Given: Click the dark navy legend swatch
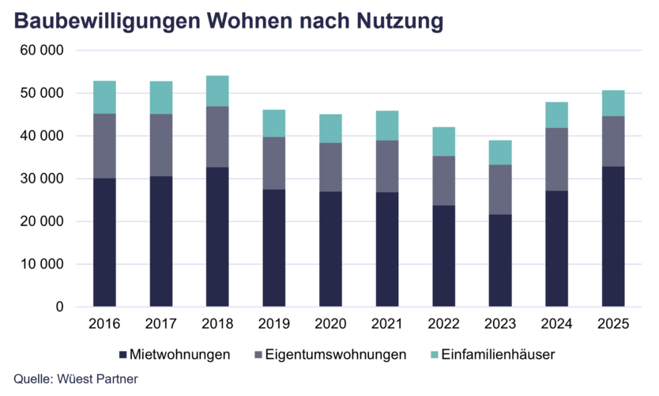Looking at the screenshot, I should click(x=122, y=354).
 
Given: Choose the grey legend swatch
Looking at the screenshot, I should click(x=258, y=354).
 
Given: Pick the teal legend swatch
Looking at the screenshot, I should click(x=434, y=354).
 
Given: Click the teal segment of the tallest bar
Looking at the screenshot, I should click(x=217, y=91).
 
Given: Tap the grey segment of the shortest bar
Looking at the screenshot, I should click(x=500, y=190).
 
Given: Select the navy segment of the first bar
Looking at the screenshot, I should click(x=104, y=242).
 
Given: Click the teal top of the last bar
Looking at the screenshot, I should click(x=613, y=103).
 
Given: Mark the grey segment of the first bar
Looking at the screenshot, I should click(x=104, y=145).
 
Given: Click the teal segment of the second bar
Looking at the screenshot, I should click(x=161, y=97).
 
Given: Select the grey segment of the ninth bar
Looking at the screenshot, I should click(x=556, y=159).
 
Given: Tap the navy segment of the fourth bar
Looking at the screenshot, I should click(x=274, y=247).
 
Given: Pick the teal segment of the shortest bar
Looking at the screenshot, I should click(x=500, y=152).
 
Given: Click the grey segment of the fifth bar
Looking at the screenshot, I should click(x=330, y=167).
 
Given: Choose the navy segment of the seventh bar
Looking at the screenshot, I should click(x=443, y=255).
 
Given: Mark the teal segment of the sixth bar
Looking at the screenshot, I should click(x=387, y=125).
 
